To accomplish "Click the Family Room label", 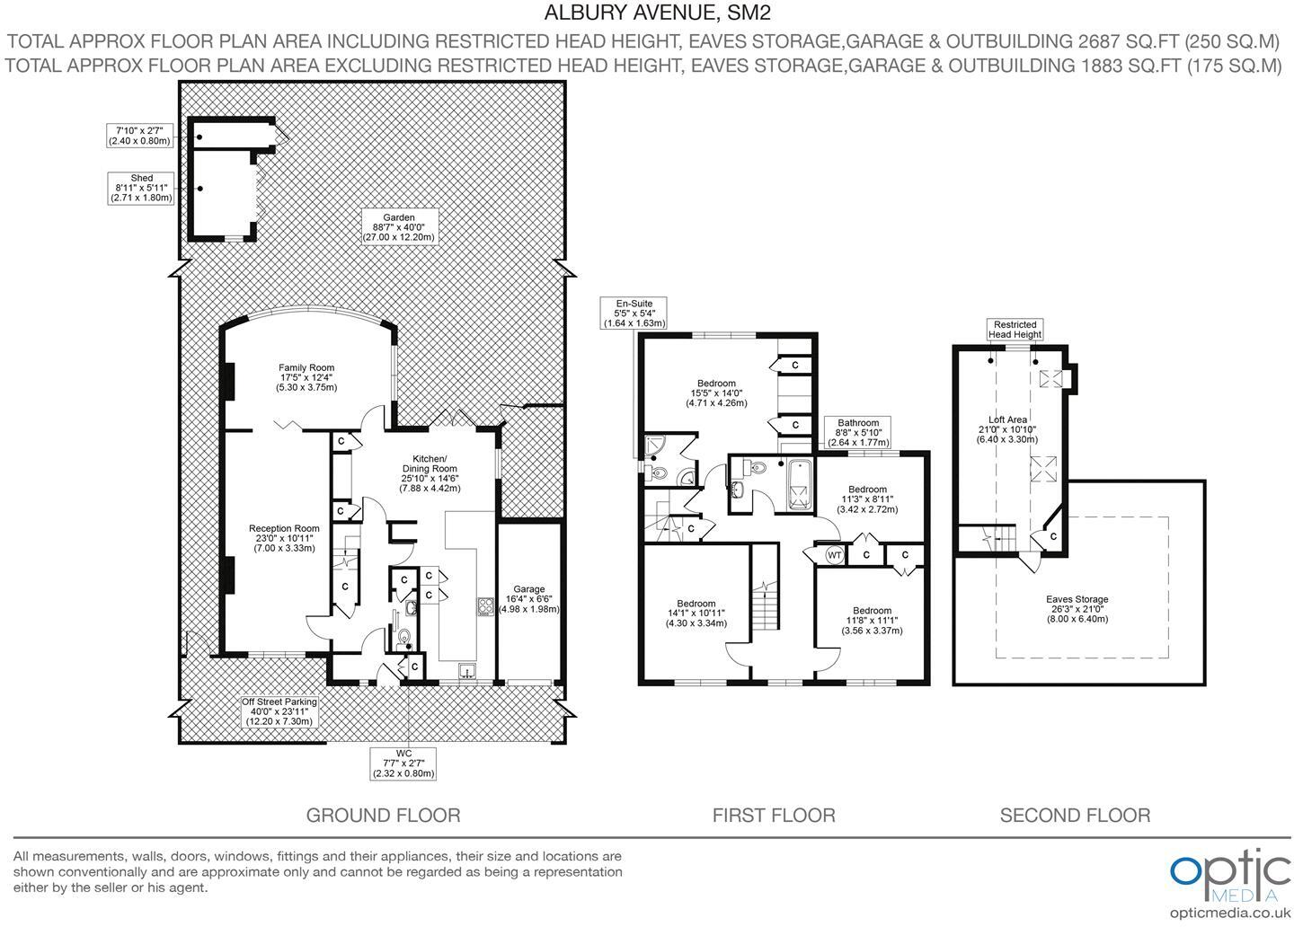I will click(306, 377).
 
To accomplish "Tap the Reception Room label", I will click(284, 538).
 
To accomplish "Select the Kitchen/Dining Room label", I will click(430, 473).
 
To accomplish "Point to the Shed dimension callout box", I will click(141, 188).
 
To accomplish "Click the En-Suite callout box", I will click(634, 313).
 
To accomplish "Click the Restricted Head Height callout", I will click(1015, 330).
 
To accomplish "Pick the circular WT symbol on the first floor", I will click(834, 555).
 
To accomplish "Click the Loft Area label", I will click(1007, 429).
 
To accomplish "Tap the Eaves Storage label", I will click(1077, 608).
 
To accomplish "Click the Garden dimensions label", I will click(398, 227).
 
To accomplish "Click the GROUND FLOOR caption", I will click(383, 816).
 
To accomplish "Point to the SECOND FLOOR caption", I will click(1075, 816).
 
